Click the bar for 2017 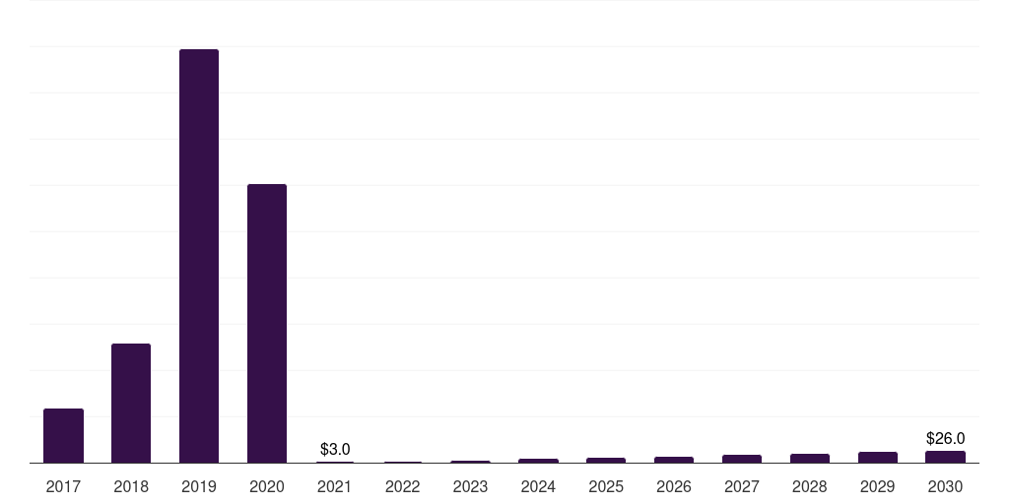click(64, 436)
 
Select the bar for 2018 click(131, 403)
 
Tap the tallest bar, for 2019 click(199, 256)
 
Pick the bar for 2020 click(267, 323)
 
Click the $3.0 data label click(335, 449)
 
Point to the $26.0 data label click(945, 438)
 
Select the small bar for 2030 click(945, 457)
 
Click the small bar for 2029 click(878, 458)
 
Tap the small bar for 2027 click(742, 459)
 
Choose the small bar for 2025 click(606, 461)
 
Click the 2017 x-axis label click(64, 487)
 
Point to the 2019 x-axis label click(199, 487)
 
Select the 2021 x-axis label click(335, 487)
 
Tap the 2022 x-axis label click(403, 487)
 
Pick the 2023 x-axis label click(470, 487)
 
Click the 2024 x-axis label click(538, 487)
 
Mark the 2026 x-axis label click(674, 487)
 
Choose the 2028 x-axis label click(810, 487)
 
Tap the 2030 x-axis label click(945, 487)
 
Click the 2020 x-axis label click(267, 487)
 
